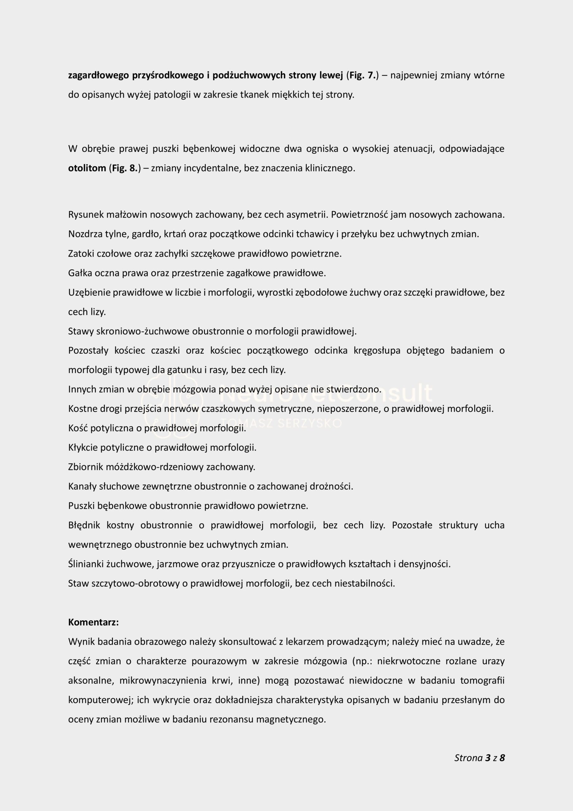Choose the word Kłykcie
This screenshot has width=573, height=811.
[x=83, y=448]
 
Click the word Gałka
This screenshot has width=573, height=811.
[x=80, y=273]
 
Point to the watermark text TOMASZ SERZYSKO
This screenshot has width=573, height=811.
[x=281, y=423]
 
